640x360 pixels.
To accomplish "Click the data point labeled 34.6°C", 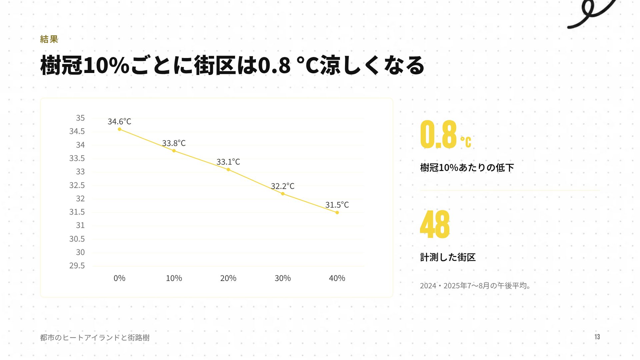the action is point(120,129).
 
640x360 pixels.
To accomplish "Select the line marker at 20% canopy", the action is point(228,170).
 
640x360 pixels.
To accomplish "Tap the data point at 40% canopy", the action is point(337,212).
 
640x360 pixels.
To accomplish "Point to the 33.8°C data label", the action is point(174,143).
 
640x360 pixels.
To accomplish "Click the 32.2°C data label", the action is point(283,186).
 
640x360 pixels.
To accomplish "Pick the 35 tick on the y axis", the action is point(80,118).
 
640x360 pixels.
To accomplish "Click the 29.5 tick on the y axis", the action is point(77,266).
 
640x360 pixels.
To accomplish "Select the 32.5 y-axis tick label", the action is point(77,185).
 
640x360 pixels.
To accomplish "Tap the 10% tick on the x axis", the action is point(174,278).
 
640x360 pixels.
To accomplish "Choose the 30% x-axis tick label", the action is point(283,278).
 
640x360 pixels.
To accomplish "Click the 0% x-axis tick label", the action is point(120,278).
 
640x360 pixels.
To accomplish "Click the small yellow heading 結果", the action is point(49,39).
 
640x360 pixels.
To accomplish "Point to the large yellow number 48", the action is point(435,224).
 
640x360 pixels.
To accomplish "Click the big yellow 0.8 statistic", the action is point(438,134).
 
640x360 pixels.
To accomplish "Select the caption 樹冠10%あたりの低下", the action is point(467,167).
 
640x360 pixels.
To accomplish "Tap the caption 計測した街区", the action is point(448,257).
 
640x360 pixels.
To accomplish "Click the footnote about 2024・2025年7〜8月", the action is point(475,286).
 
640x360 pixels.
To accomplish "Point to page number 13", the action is point(597,337).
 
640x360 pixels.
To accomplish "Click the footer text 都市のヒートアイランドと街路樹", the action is point(95,338).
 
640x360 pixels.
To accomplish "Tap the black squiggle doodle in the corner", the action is point(592,14).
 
